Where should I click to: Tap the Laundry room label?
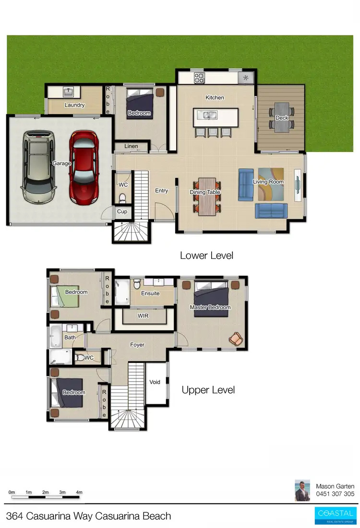[x=74, y=105]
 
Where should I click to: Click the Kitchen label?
[x=215, y=97]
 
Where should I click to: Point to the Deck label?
[x=282, y=117]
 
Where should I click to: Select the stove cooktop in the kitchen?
[x=199, y=77]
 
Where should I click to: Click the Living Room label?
[x=268, y=182]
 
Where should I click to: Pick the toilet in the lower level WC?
[x=122, y=198]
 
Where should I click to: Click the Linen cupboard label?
[x=131, y=146]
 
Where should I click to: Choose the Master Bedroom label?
[x=210, y=307]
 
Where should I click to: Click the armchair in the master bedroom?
[x=236, y=339]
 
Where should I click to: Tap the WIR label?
[x=143, y=316]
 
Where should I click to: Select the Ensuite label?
[x=150, y=293]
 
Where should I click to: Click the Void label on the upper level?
[x=155, y=382]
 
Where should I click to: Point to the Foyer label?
[x=137, y=344]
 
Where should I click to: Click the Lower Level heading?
[x=206, y=256]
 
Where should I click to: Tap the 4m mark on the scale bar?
[x=79, y=492]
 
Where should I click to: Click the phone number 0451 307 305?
[x=335, y=494]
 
